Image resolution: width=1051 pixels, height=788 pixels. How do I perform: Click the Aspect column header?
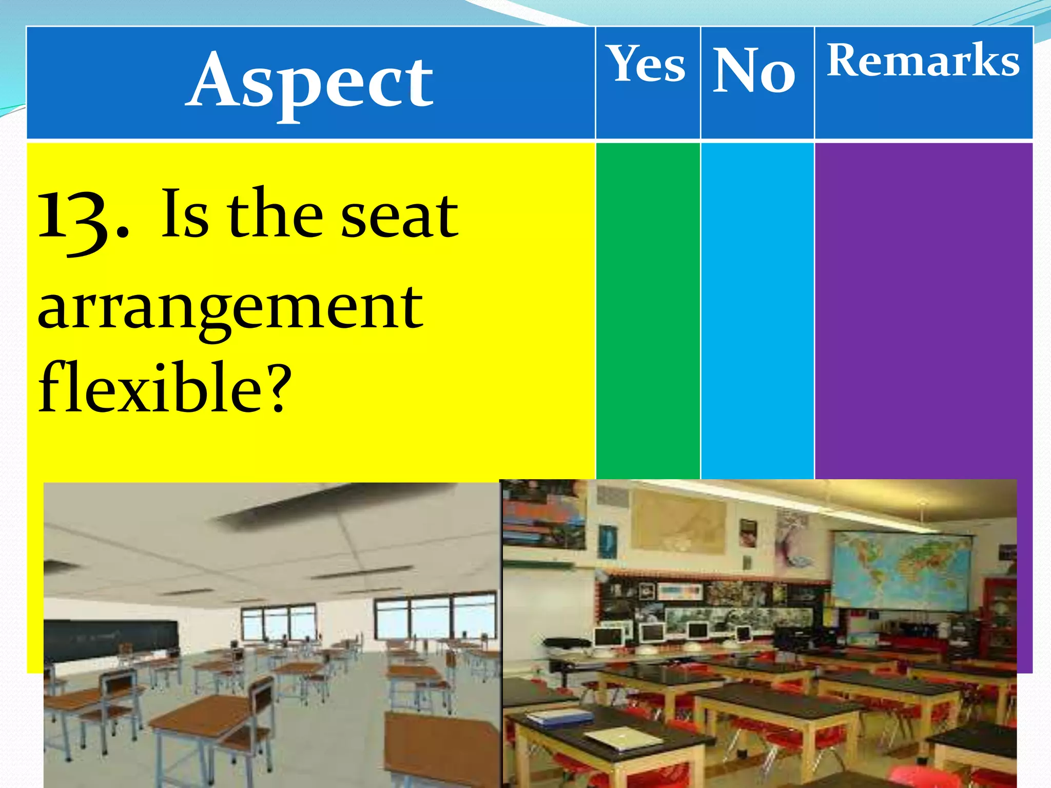click(310, 82)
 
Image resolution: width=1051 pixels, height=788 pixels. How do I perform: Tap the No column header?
click(754, 71)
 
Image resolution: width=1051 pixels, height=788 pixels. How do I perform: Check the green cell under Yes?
click(648, 308)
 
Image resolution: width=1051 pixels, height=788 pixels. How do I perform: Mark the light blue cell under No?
click(756, 308)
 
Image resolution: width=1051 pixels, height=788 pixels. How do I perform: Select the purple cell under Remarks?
click(923, 308)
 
